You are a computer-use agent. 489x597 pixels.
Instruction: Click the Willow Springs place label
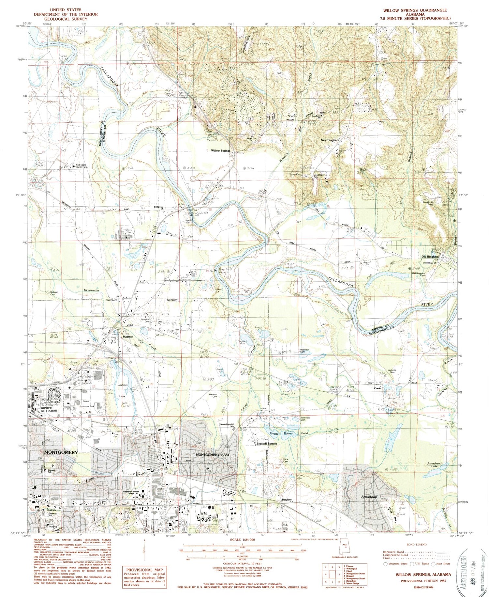[221, 151]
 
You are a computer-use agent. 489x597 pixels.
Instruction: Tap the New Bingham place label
[330, 140]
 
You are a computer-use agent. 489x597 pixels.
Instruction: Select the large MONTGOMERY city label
[61, 452]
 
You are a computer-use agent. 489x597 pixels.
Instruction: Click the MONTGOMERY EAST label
[213, 455]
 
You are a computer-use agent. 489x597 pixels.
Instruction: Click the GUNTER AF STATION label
[49, 409]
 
